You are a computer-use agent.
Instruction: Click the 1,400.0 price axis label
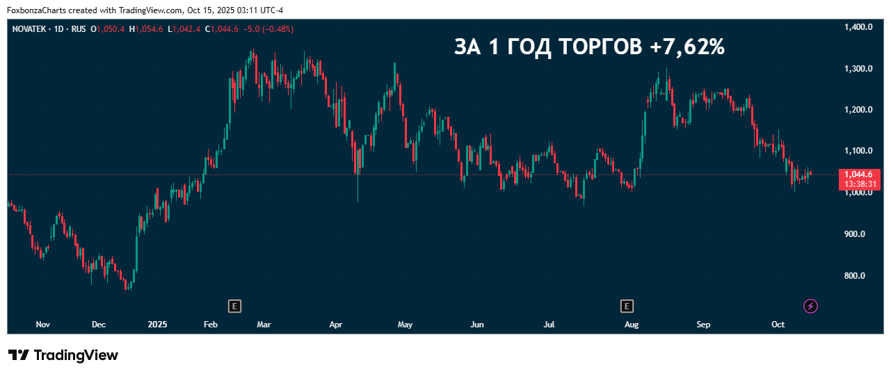(858, 27)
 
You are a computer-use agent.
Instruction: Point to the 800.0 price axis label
(853, 276)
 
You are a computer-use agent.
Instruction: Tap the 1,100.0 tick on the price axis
(858, 151)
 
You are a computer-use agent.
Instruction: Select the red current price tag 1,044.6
(862, 174)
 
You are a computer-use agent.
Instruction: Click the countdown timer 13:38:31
(862, 184)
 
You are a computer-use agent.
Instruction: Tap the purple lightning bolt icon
(810, 306)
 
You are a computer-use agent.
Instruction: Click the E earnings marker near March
(235, 306)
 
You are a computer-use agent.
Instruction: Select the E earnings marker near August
(627, 306)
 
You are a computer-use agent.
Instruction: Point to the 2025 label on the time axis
(158, 325)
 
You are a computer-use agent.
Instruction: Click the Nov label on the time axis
(43, 325)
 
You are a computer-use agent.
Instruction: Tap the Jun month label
(477, 325)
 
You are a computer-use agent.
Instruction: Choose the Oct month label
(778, 325)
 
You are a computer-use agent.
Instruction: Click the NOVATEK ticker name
(30, 29)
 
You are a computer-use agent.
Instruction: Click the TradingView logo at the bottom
(63, 355)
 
